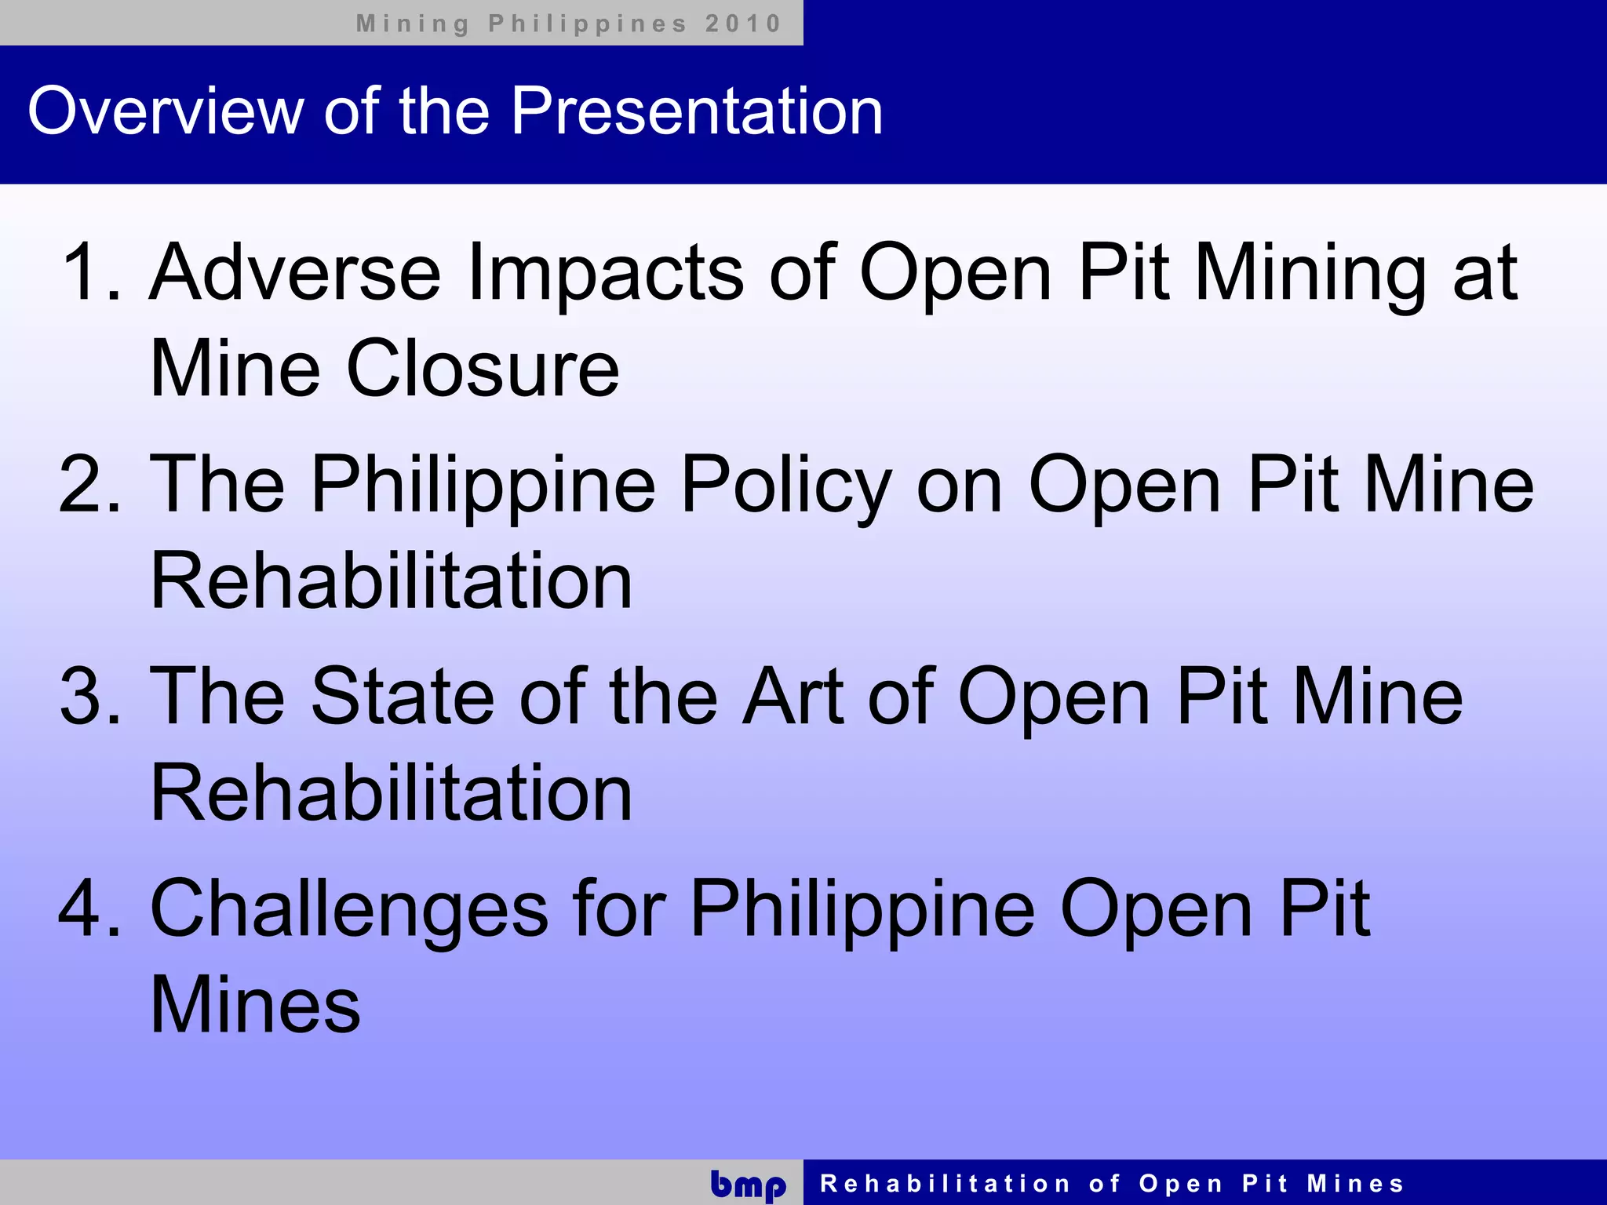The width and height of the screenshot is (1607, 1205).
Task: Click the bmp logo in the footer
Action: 748,1185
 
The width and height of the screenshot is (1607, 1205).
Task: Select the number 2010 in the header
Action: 742,24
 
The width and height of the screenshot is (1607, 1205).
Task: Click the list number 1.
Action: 91,272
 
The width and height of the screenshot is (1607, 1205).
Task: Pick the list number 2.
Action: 89,485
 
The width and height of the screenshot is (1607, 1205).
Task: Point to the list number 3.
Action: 89,697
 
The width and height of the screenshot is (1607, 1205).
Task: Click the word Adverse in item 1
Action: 295,272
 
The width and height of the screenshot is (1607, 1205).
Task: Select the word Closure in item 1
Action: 483,369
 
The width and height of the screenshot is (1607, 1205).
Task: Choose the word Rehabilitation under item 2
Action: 391,581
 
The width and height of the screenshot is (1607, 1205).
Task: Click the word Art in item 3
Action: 793,697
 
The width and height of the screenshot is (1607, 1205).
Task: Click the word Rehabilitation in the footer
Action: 945,1183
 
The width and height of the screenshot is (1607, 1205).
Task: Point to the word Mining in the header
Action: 413,24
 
